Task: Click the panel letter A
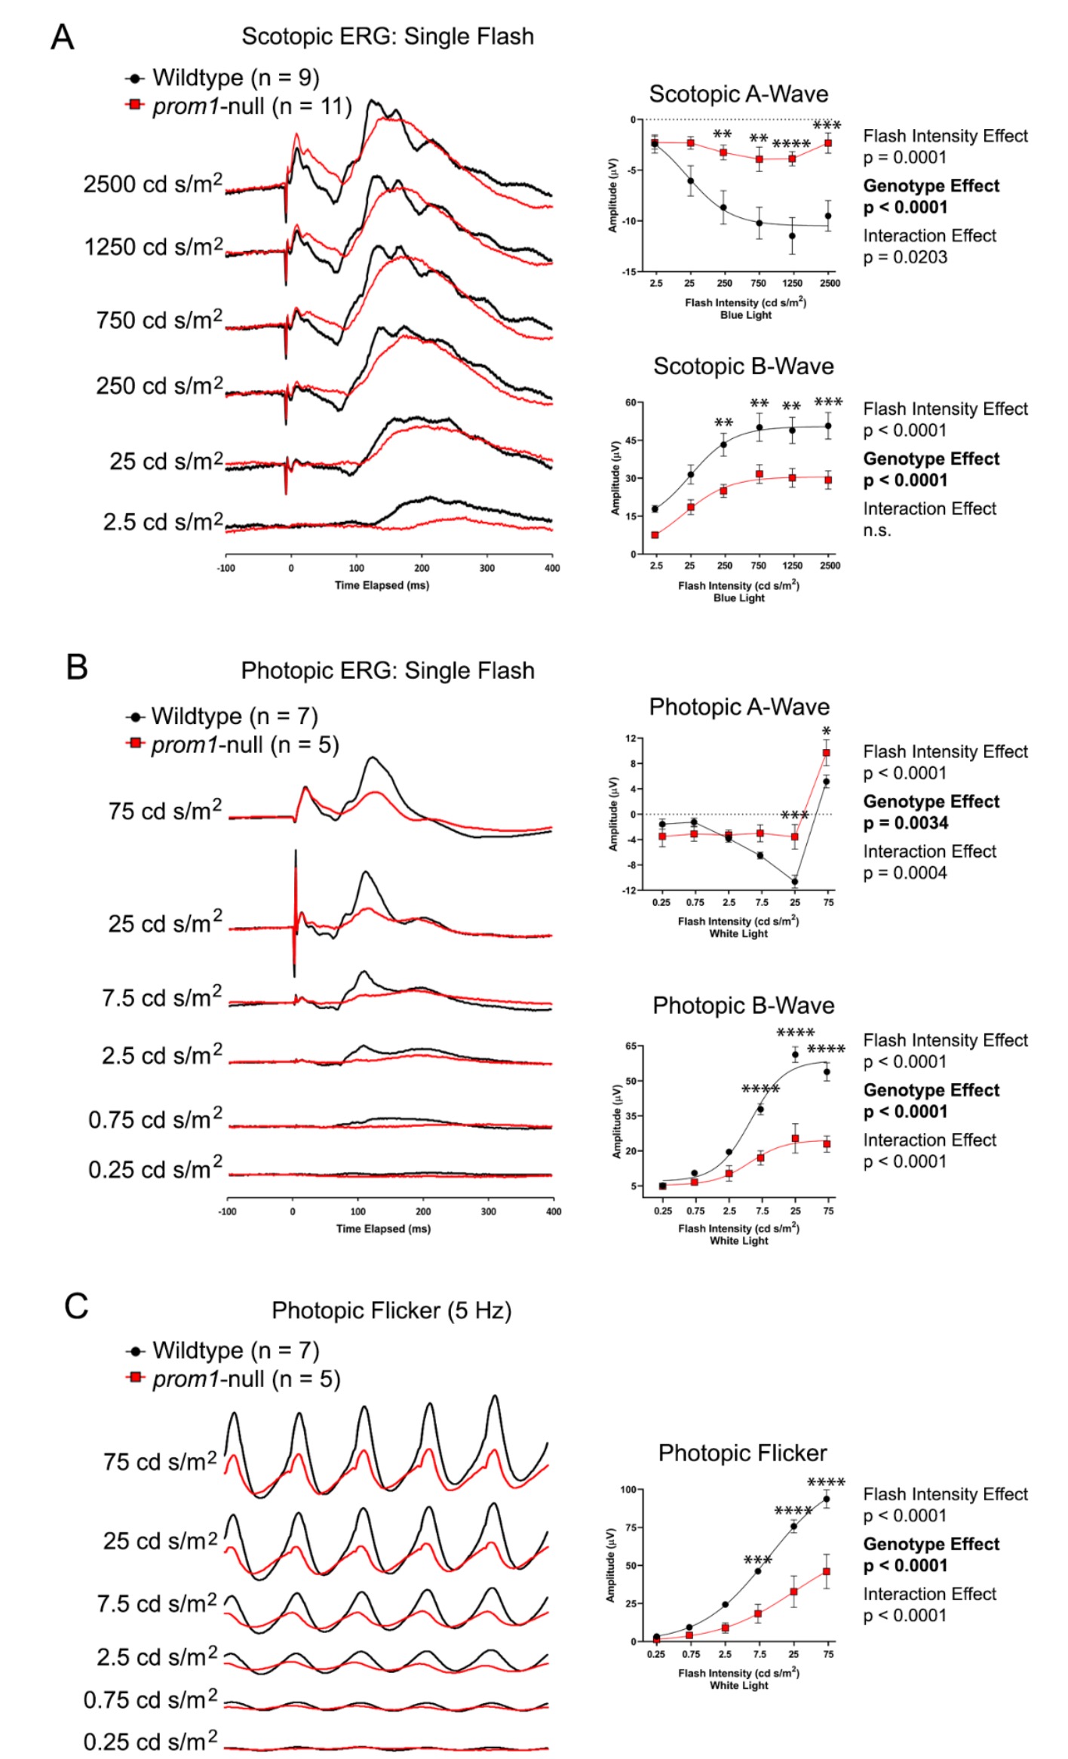point(63,37)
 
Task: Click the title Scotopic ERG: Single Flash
point(387,36)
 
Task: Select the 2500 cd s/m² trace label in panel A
point(153,183)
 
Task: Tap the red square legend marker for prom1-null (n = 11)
point(135,104)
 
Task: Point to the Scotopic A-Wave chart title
point(738,94)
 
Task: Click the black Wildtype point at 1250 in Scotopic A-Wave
point(792,236)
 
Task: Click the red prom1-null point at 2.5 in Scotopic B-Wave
point(655,535)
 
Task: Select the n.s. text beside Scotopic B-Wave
point(877,530)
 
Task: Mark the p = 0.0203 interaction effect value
point(905,257)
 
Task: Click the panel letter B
point(77,668)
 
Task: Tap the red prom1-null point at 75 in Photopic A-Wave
point(827,753)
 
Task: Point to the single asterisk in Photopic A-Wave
point(827,731)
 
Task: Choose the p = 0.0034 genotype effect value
point(906,823)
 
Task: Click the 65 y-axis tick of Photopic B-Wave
point(631,1046)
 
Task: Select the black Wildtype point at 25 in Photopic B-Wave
point(795,1054)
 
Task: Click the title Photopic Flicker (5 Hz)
point(391,1310)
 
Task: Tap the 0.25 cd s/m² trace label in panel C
point(150,1742)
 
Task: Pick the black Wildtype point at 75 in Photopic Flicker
point(827,1499)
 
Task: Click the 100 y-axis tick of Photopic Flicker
point(628,1490)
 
